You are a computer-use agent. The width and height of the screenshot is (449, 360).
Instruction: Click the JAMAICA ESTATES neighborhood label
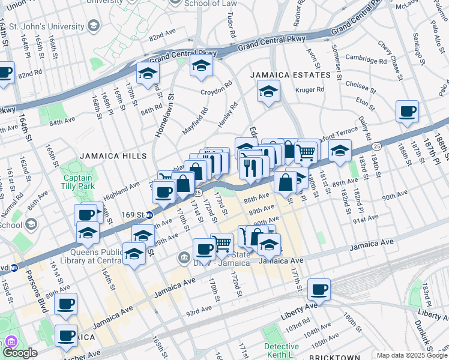click(291, 75)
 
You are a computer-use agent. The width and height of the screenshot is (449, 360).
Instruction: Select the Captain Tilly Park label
click(77, 182)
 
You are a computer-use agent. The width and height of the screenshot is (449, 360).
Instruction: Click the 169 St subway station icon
click(149, 214)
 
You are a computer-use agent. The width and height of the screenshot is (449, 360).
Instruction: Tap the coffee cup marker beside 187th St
click(408, 112)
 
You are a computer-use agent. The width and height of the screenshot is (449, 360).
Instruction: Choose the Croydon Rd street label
click(215, 91)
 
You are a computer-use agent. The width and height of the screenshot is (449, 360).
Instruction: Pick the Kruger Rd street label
click(310, 90)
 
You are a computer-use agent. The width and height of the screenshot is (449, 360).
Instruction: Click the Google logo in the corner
click(20, 353)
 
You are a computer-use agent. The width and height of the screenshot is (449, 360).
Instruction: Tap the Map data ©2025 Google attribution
click(412, 355)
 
